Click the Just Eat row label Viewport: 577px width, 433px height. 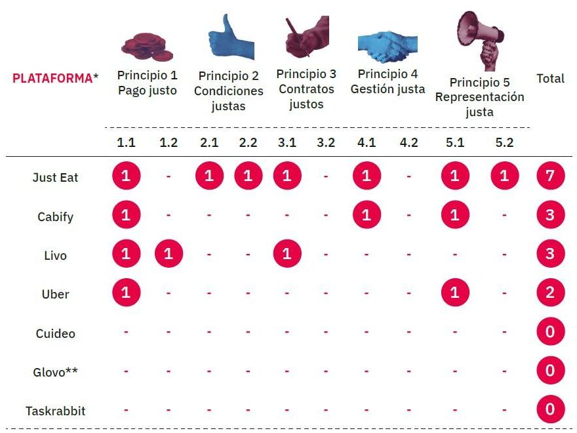55,177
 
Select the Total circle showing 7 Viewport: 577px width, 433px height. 549,176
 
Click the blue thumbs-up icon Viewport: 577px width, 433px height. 229,39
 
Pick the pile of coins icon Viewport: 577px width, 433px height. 147,46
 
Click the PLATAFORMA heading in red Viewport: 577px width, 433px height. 52,78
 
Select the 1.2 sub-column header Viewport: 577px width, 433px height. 169,143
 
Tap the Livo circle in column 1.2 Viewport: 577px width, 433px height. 169,254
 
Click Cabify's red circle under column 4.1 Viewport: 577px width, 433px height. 367,215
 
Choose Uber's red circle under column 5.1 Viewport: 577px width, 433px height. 455,293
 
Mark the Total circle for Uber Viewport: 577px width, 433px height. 549,293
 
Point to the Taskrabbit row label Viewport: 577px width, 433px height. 55,411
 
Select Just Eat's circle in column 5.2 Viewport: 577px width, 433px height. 504,176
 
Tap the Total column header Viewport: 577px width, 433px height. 550,79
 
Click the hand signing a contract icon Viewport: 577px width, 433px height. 306,37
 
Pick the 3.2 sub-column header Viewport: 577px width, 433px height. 326,143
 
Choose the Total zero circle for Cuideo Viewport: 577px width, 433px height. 549,332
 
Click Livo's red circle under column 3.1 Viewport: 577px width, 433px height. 287,254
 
